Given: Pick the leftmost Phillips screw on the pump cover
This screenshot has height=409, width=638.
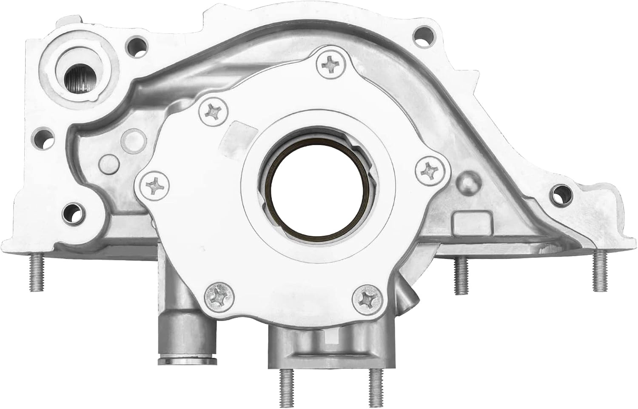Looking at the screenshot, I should point(153,186).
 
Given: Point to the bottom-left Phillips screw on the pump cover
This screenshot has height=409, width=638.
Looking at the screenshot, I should point(217,296).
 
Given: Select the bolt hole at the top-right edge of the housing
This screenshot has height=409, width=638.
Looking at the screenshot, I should point(423,32).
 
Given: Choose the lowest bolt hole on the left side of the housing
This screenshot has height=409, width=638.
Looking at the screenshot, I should point(73,212).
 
